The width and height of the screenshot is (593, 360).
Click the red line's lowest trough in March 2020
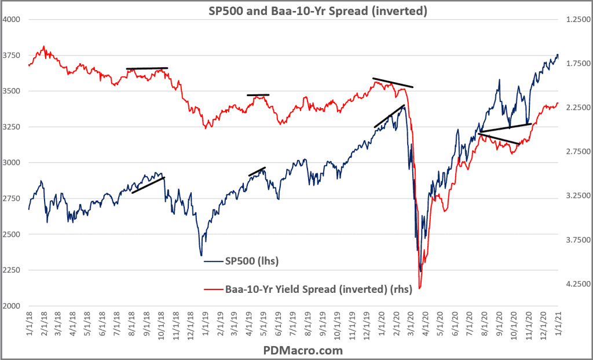point(419,288)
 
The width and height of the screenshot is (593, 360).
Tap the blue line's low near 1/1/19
point(202,255)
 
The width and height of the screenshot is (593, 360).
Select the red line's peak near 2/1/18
point(44,46)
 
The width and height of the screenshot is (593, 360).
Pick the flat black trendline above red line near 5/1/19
point(258,95)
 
